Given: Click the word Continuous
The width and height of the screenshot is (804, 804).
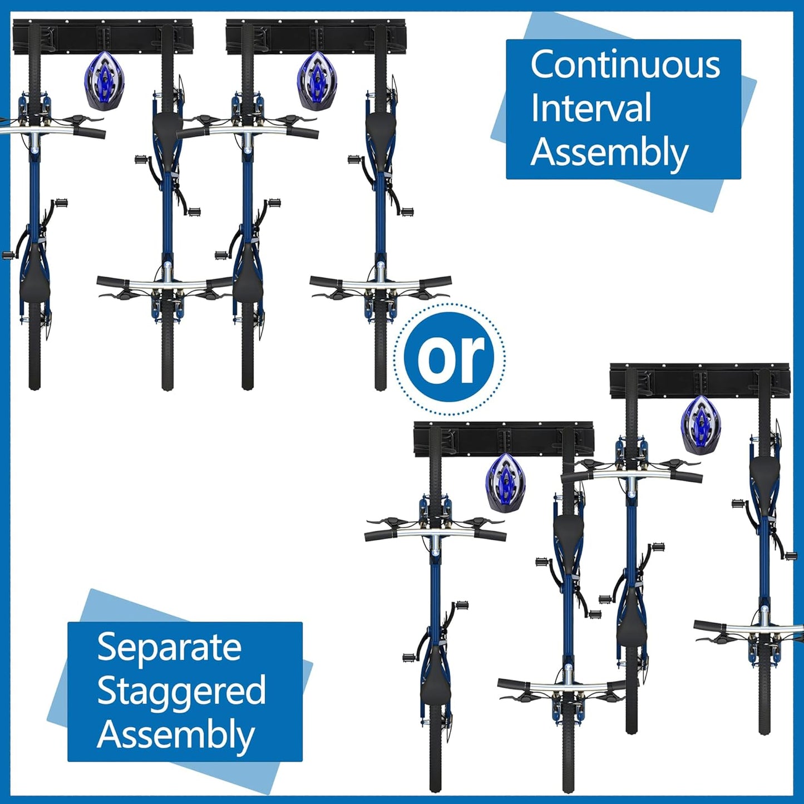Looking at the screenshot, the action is pyautogui.click(x=625, y=65).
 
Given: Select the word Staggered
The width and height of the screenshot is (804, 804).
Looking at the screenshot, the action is pyautogui.click(x=181, y=691).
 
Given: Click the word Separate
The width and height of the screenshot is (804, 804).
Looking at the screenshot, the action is pyautogui.click(x=169, y=647).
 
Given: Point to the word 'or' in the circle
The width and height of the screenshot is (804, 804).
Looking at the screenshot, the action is pyautogui.click(x=450, y=358).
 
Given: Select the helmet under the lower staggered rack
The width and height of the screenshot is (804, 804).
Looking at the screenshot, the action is pyautogui.click(x=505, y=482).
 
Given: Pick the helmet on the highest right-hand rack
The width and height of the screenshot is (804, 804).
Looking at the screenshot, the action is pyautogui.click(x=701, y=425).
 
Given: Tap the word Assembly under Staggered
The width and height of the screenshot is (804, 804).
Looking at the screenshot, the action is pyautogui.click(x=176, y=735).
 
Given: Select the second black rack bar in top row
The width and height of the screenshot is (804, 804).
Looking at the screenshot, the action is pyautogui.click(x=315, y=38).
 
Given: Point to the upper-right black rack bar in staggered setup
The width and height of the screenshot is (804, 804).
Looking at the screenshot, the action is pyautogui.click(x=699, y=382).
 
